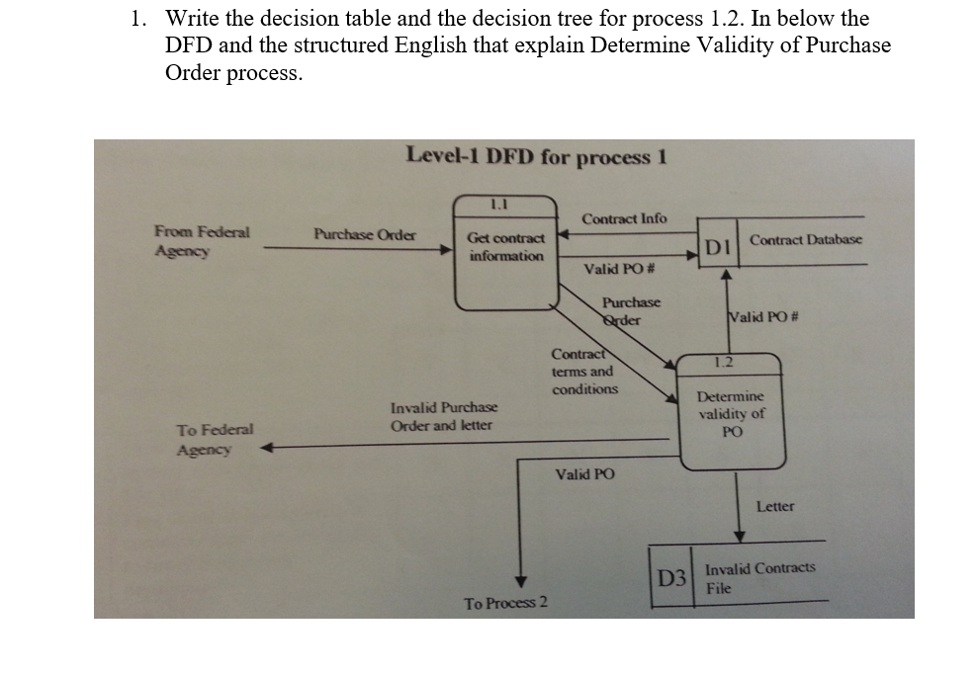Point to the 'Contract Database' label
click(805, 239)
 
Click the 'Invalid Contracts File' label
click(759, 577)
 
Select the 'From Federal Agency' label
click(202, 241)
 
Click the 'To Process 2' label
click(505, 603)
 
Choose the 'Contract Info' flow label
click(624, 217)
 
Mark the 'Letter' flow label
click(774, 506)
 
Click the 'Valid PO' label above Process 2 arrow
click(584, 474)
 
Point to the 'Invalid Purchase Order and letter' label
click(444, 416)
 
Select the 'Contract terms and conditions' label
click(584, 372)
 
